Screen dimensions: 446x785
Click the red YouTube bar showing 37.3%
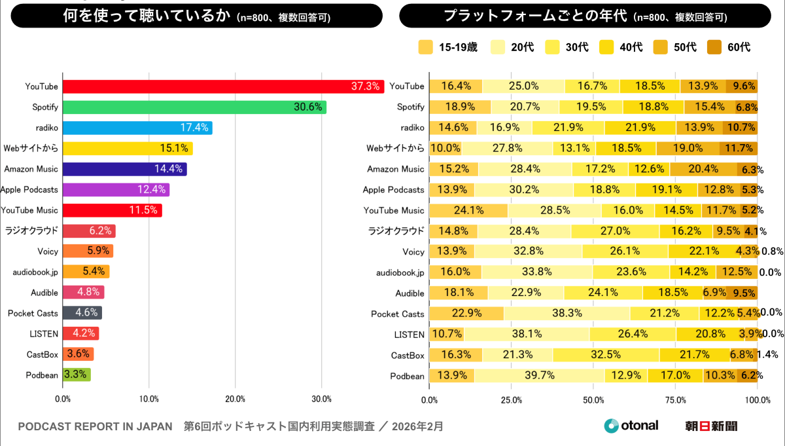(222, 86)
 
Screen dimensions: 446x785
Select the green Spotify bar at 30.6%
(194, 107)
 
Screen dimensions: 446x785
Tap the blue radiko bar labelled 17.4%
(137, 128)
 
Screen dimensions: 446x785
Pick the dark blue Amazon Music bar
(124, 169)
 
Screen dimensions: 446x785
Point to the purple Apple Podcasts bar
(116, 190)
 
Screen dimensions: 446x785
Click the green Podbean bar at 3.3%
(77, 375)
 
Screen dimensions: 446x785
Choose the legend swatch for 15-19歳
(425, 47)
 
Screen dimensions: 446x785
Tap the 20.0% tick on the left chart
(235, 399)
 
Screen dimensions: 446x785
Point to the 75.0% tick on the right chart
(676, 399)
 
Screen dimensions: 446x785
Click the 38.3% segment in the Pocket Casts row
(567, 313)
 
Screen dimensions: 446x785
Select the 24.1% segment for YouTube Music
(468, 210)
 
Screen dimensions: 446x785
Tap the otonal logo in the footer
(631, 426)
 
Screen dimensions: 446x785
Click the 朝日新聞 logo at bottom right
(711, 426)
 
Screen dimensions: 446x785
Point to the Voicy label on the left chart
(48, 251)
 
